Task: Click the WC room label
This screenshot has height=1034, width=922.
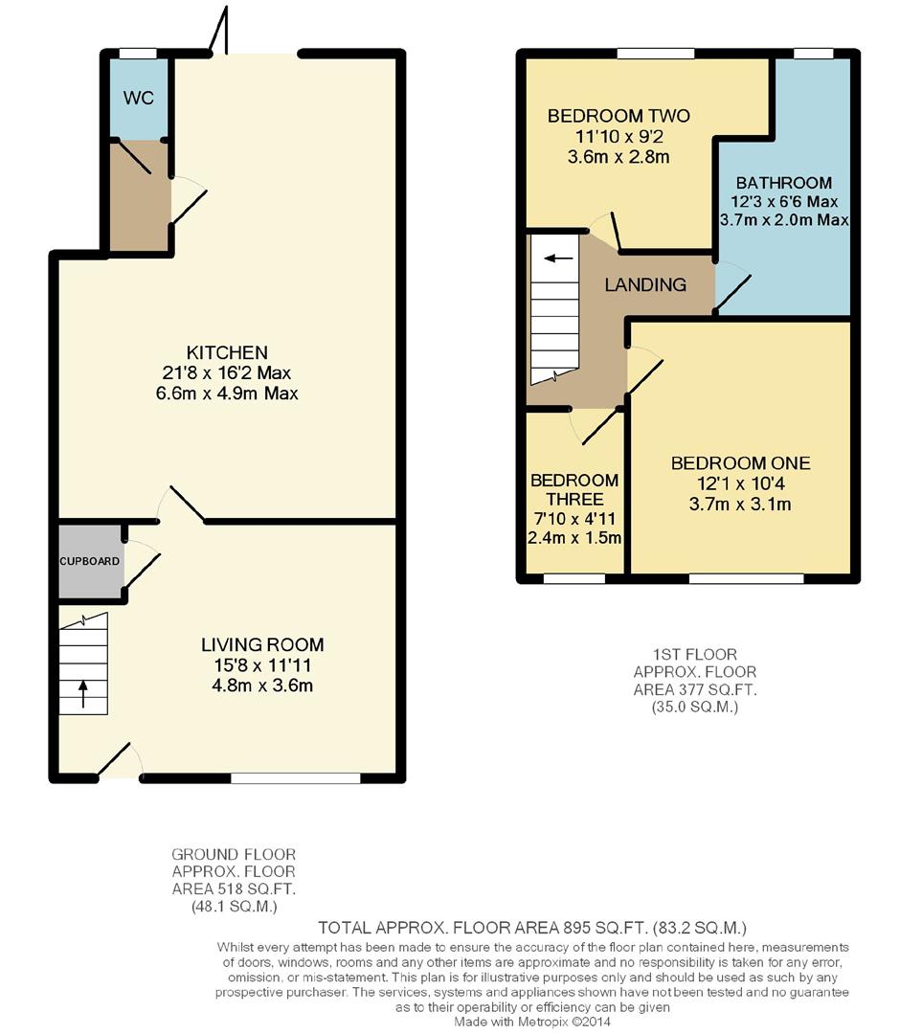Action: (x=139, y=98)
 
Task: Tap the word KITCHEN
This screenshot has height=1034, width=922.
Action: (x=227, y=352)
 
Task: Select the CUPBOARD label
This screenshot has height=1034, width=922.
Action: (x=90, y=561)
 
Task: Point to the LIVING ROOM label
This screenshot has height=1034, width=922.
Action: (x=262, y=644)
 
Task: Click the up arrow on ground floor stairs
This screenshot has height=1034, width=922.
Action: (x=83, y=694)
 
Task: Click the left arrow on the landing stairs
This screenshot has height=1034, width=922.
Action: (x=559, y=258)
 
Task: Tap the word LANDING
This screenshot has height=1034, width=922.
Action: (x=645, y=284)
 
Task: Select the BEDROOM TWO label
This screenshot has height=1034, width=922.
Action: (x=618, y=116)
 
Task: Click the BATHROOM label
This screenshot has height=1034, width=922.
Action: (x=784, y=183)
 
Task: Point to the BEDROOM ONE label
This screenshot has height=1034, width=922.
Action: (x=741, y=463)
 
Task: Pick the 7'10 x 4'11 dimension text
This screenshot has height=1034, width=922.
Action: (x=574, y=518)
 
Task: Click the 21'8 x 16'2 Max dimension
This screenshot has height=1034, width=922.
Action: (x=227, y=372)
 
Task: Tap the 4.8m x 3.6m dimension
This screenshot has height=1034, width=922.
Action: (x=262, y=686)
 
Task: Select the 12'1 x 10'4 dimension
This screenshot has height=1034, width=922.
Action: (x=741, y=483)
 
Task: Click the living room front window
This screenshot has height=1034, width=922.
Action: (x=296, y=778)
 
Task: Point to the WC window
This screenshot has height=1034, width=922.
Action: (x=138, y=54)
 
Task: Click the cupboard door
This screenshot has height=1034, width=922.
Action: (x=143, y=571)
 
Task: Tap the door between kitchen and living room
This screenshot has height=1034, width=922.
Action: (x=187, y=504)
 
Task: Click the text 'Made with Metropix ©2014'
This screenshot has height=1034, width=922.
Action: (x=532, y=1022)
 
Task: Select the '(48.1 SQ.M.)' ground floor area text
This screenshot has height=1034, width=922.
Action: (x=235, y=906)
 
